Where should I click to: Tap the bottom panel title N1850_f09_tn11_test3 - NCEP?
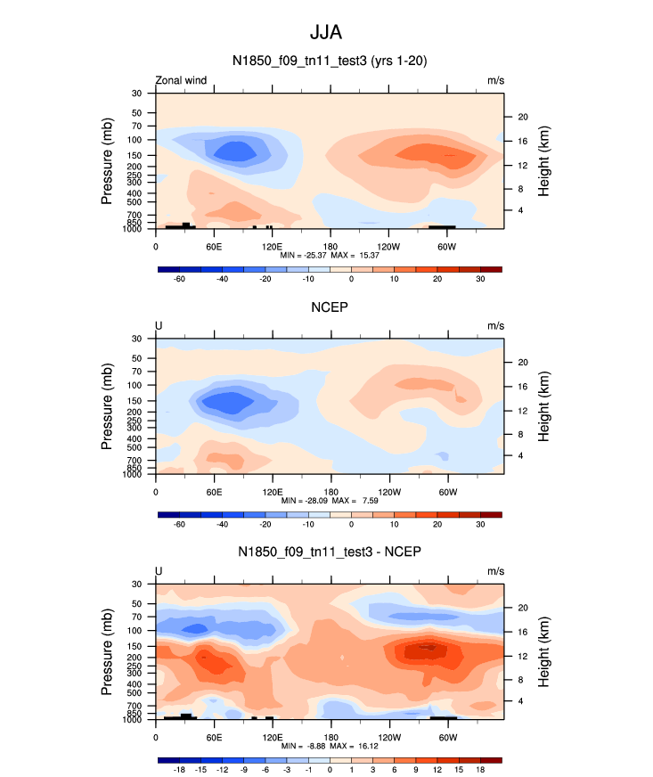330,552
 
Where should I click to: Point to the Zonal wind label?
182,80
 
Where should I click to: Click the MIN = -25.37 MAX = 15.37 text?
330,255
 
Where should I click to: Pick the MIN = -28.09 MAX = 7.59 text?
330,501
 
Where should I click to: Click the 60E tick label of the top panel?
214,246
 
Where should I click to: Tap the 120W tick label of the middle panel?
388,492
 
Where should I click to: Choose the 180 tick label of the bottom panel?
330,737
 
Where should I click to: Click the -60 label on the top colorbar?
179,279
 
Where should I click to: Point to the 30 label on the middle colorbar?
480,525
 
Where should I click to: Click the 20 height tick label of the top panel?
524,117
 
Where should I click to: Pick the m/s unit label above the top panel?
495,80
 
